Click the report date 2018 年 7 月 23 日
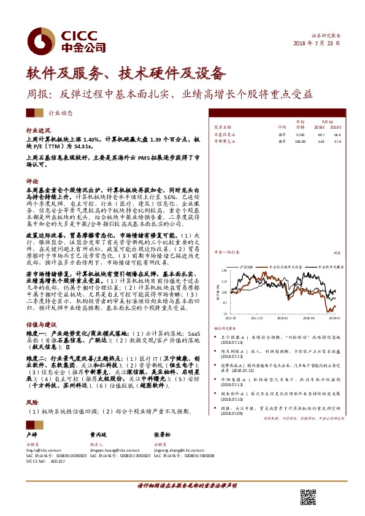coord(317,44)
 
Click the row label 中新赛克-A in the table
coord(224,140)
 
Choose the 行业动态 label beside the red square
coord(60,113)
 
